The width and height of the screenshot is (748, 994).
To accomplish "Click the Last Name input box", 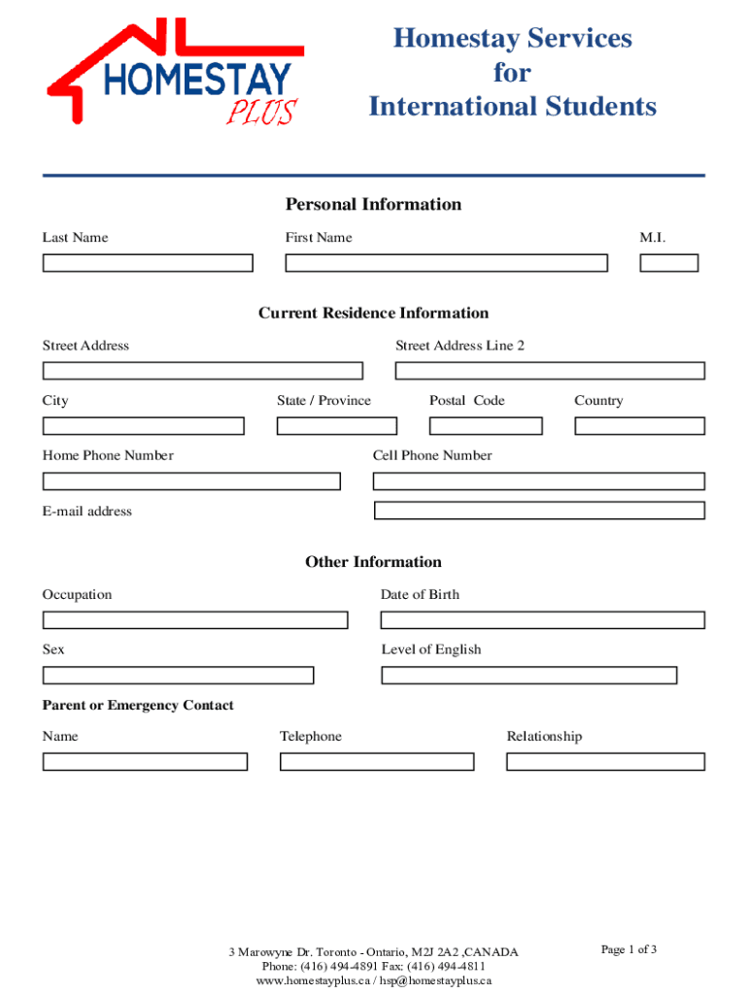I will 148,263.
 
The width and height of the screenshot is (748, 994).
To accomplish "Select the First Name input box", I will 446,263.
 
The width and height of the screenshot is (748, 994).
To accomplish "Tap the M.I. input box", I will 668,263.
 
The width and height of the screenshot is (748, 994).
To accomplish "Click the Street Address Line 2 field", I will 550,371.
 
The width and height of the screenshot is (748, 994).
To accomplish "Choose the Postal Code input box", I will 486,426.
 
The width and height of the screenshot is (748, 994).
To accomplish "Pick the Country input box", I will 639,426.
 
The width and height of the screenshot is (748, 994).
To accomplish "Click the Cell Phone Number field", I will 539,481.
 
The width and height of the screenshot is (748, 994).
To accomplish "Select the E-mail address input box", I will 539,511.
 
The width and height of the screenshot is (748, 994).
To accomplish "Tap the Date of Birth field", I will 543,620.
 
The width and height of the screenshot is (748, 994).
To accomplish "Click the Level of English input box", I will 529,676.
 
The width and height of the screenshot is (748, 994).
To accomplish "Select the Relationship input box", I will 605,762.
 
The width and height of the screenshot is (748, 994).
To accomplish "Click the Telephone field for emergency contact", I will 377,762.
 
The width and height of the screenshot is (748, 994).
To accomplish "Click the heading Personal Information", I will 373,204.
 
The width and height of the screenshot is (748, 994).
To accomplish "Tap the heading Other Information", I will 373,562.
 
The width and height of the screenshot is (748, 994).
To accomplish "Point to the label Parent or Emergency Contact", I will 138,706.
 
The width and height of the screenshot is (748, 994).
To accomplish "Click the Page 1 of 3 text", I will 629,949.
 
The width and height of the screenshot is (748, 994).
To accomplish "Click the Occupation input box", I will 195,620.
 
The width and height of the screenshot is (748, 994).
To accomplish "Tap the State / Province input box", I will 337,426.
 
